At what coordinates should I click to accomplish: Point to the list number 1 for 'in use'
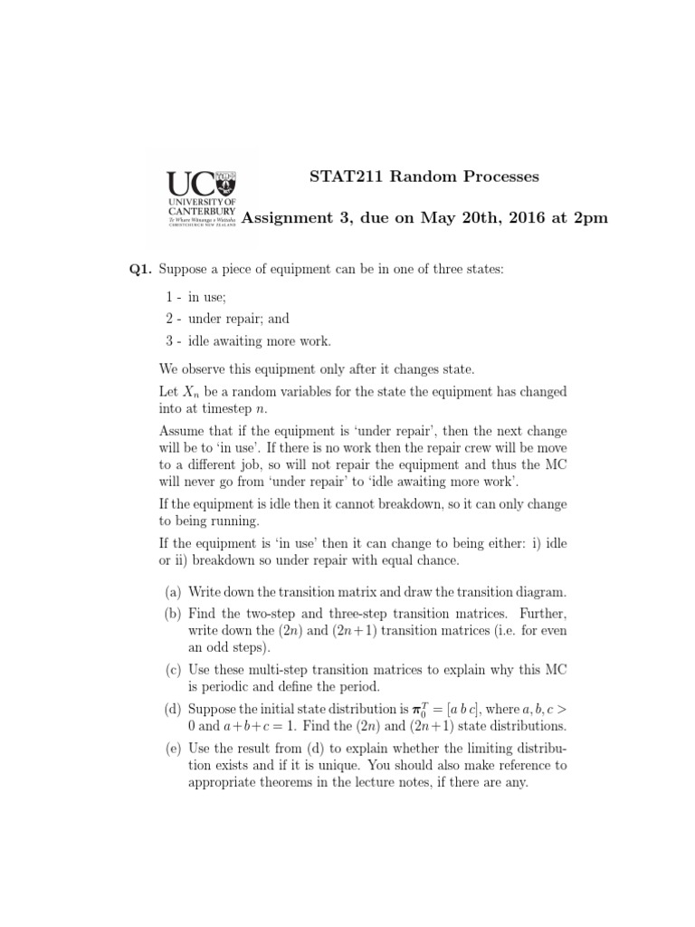pos(169,297)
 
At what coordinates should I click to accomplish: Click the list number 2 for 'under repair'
pos(169,319)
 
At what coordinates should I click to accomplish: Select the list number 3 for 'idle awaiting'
pos(169,340)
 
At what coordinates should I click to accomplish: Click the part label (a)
pos(172,592)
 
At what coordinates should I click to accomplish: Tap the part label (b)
pos(172,614)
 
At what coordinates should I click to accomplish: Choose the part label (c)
pos(172,670)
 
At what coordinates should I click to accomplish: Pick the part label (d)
pos(172,710)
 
